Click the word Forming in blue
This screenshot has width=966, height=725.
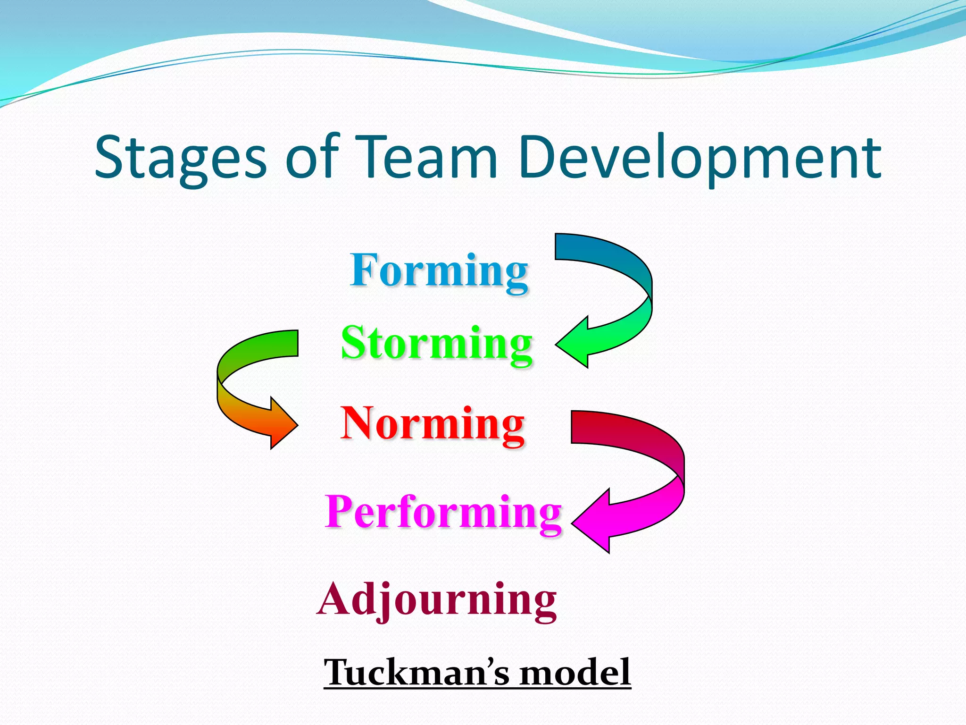[x=439, y=271]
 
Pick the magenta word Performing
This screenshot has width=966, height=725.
[x=443, y=512]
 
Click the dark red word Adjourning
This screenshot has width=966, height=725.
[x=437, y=599]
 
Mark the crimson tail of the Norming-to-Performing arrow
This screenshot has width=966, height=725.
[x=590, y=427]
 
